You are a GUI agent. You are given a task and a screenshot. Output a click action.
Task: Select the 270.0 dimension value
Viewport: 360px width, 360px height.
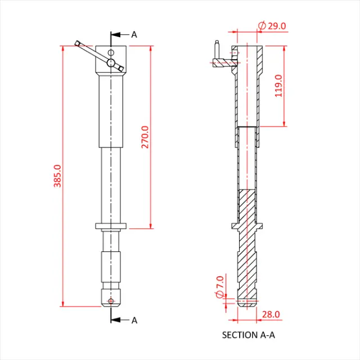tap(145, 137)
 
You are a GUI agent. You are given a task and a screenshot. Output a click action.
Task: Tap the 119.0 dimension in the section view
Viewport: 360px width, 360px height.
tap(278, 85)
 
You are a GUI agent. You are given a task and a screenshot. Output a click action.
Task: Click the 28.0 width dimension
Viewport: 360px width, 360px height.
tap(271, 314)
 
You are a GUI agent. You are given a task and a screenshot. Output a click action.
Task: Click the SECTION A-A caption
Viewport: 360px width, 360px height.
tap(249, 335)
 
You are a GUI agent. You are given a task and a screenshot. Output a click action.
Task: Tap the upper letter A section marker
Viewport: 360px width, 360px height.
tap(134, 35)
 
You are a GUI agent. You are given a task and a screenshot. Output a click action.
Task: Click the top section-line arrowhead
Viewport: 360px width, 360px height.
tap(115, 35)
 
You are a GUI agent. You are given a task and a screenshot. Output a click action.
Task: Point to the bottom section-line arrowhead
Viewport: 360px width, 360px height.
tap(115, 320)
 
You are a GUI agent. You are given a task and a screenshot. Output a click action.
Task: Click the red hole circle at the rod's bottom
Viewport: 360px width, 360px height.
tap(111, 301)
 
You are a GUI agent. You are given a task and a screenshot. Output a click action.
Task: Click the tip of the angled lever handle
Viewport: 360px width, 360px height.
tap(78, 43)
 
